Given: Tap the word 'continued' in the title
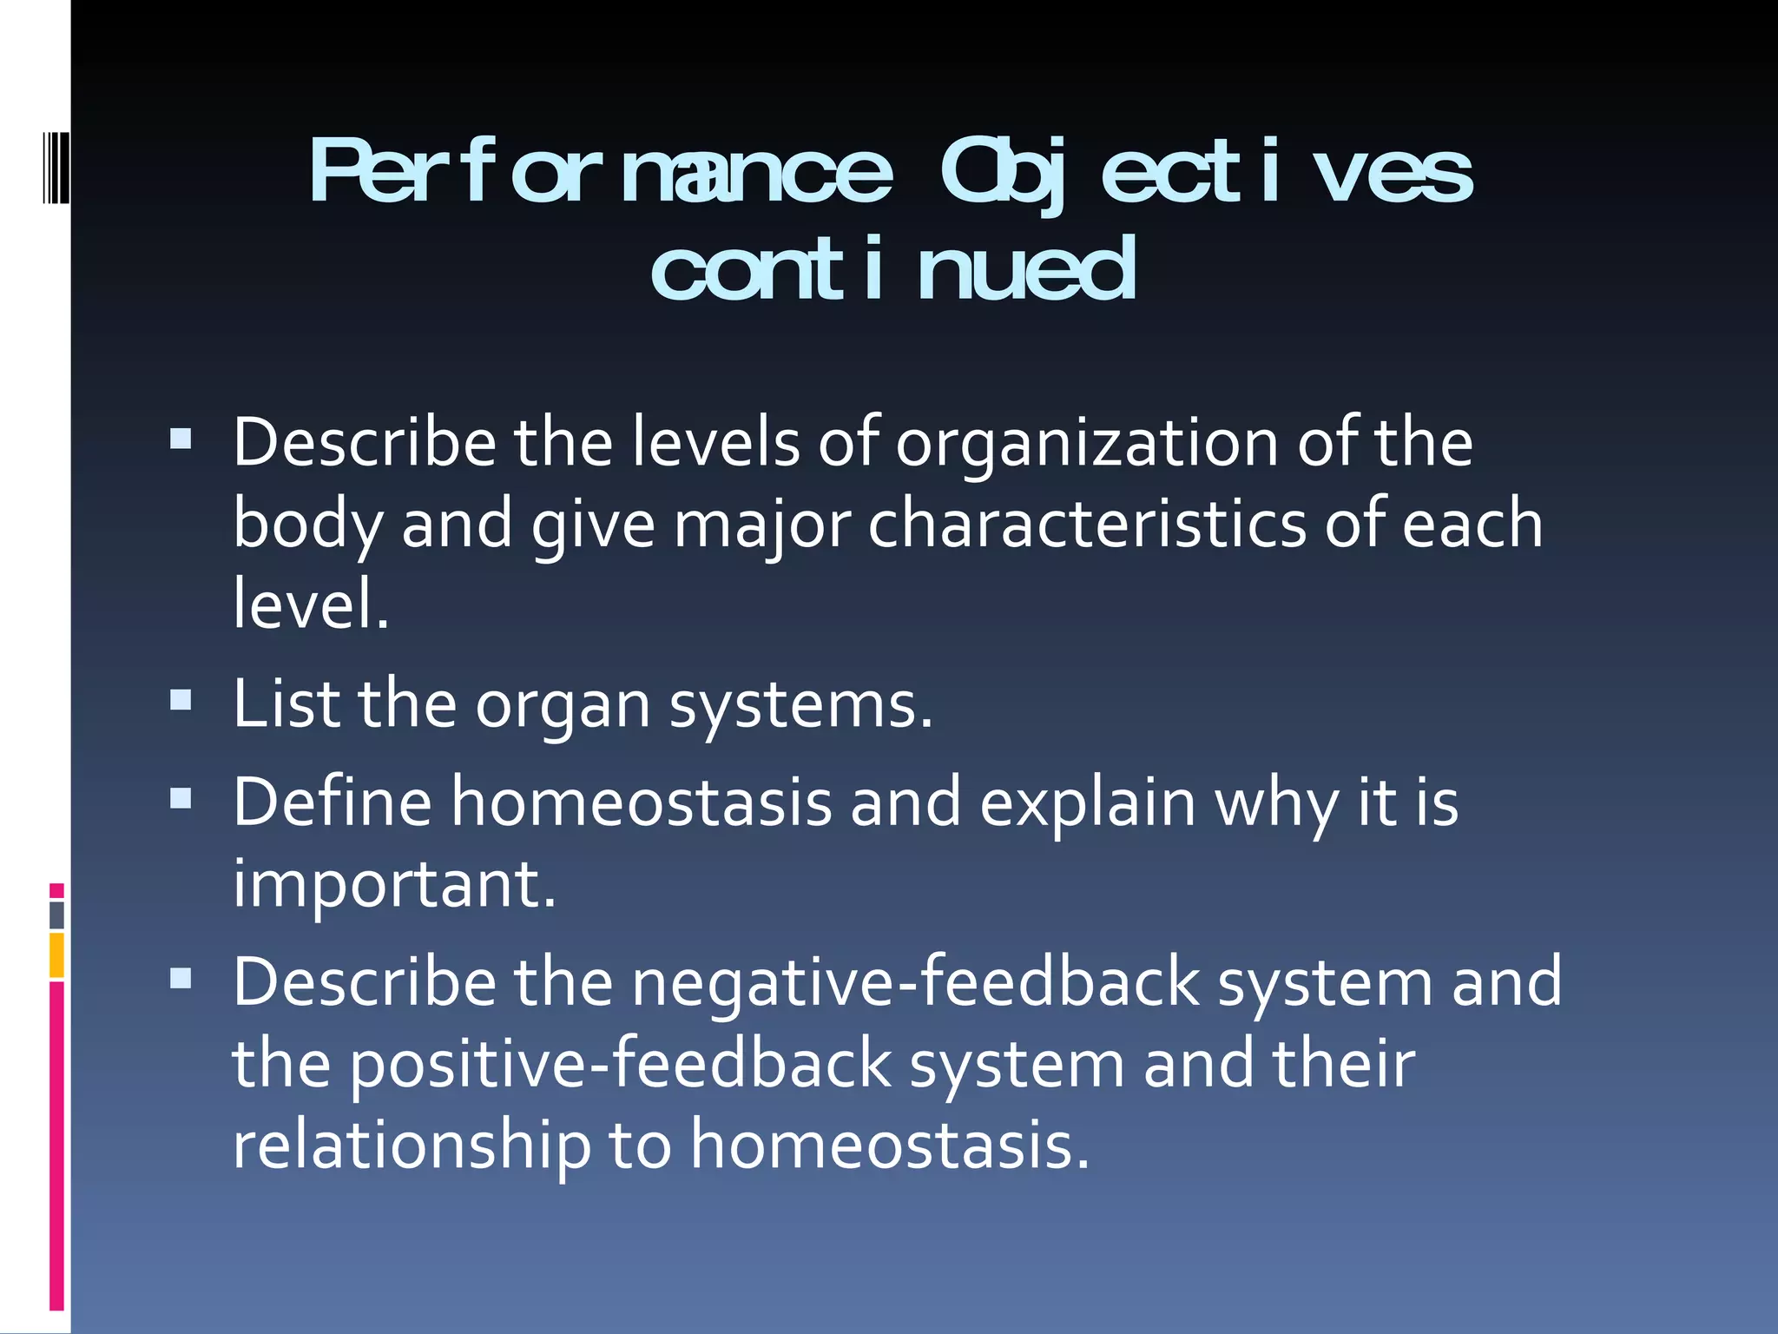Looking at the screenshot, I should [x=893, y=270].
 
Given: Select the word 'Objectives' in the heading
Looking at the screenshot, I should [x=1207, y=173].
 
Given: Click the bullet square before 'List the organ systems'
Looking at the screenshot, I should [x=181, y=700].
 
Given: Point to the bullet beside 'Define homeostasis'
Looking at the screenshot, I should [x=181, y=798].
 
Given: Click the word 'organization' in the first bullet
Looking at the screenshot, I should [x=1086, y=443].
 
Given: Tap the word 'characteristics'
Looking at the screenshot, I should [x=1087, y=525].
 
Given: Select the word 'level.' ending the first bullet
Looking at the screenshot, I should [x=311, y=604].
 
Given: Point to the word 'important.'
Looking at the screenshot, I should [x=394, y=884].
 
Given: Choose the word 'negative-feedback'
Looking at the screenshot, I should [x=915, y=982].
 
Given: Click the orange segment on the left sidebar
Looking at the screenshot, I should [x=56, y=955].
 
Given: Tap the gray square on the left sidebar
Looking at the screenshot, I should [x=56, y=915].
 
